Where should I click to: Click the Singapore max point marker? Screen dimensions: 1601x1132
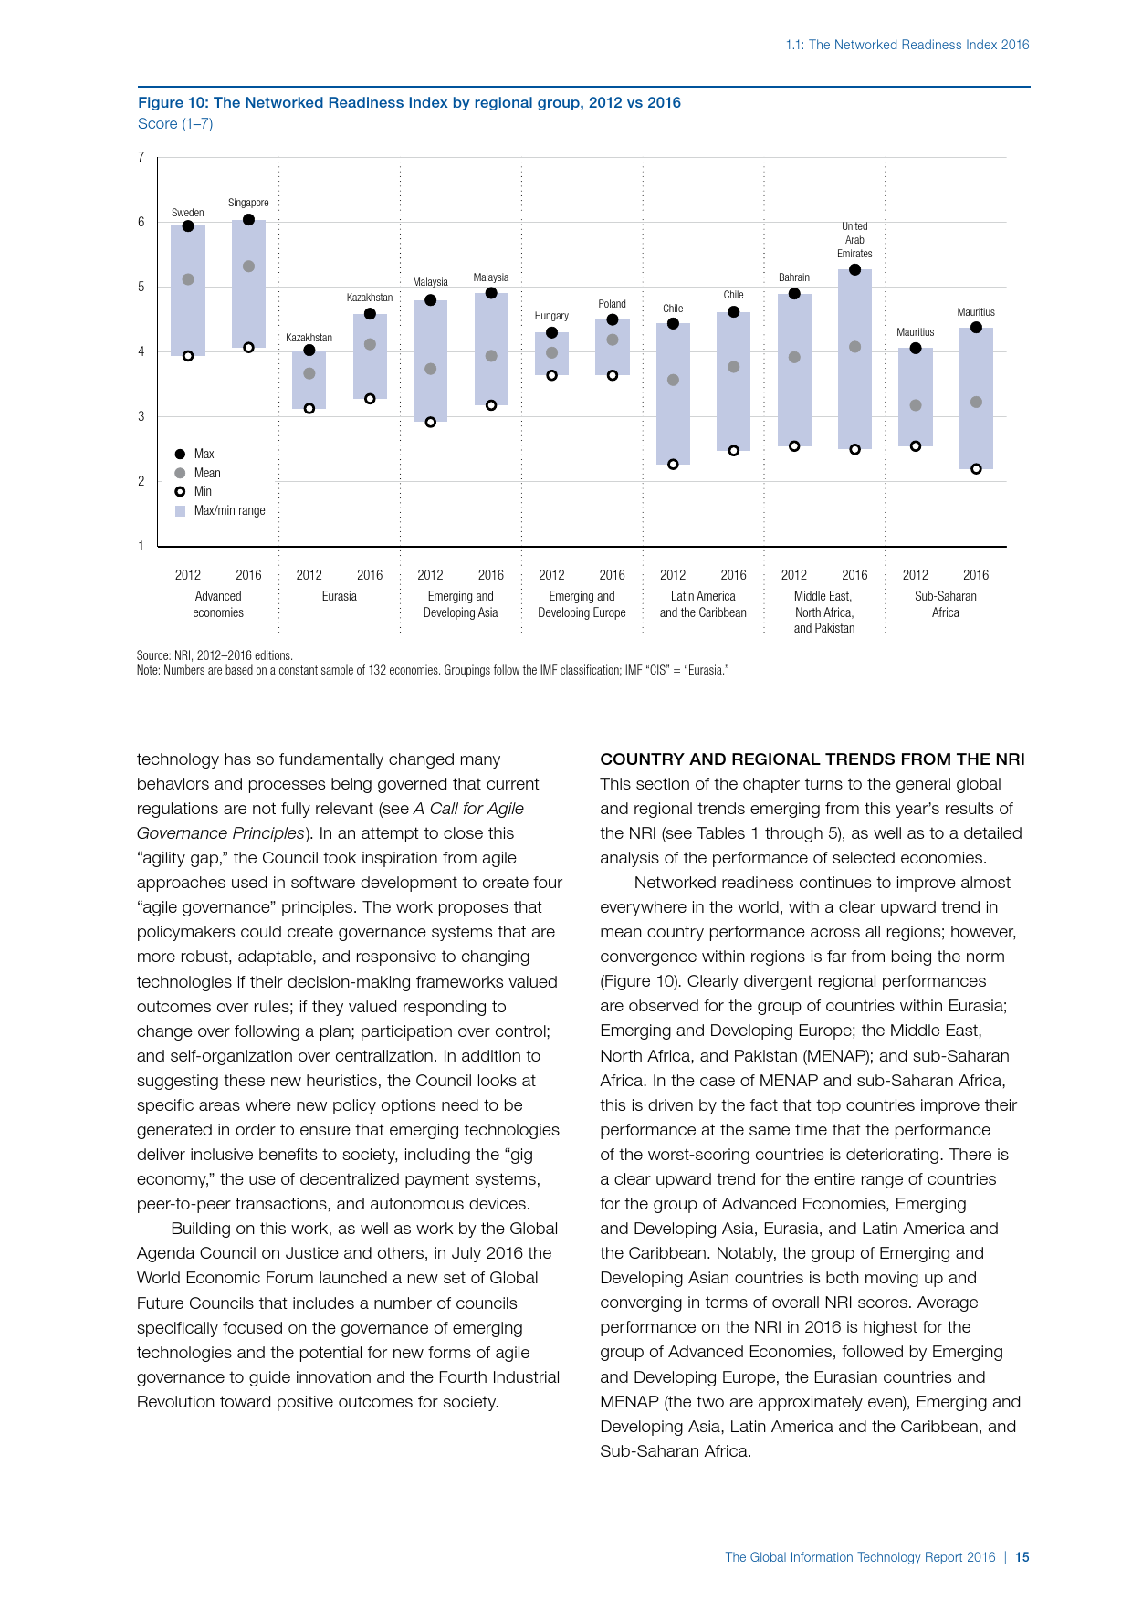pyautogui.click(x=248, y=220)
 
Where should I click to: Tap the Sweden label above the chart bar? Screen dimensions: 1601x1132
pyautogui.click(x=188, y=213)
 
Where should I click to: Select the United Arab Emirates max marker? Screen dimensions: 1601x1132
pyautogui.click(x=854, y=269)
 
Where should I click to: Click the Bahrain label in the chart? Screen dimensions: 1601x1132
pyautogui.click(x=794, y=277)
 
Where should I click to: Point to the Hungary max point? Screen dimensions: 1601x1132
pyautogui.click(x=551, y=332)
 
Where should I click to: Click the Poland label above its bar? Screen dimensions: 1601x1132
pyautogui.click(x=613, y=304)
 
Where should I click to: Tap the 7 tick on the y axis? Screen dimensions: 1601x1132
pyautogui.click(x=141, y=157)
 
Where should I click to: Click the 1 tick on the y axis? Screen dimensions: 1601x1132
pyautogui.click(x=141, y=546)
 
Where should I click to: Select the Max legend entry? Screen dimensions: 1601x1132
pyautogui.click(x=204, y=454)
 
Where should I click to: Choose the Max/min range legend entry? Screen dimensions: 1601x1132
pyautogui.click(x=229, y=510)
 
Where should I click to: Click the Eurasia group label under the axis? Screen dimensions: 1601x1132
pyautogui.click(x=340, y=596)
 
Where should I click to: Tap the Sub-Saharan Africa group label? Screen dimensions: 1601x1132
pyautogui.click(x=946, y=604)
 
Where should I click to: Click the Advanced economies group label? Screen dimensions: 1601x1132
pyautogui.click(x=218, y=604)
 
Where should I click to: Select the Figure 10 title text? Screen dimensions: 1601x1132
pyautogui.click(x=409, y=102)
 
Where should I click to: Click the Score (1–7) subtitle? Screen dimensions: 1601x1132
pyautogui.click(x=175, y=123)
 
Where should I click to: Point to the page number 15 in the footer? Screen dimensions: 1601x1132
pyautogui.click(x=1022, y=1557)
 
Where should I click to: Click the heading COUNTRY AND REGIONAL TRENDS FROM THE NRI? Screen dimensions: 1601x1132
pyautogui.click(x=812, y=759)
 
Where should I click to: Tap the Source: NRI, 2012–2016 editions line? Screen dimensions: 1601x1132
pyautogui.click(x=215, y=655)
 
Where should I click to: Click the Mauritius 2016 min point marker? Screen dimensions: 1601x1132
pyautogui.click(x=976, y=468)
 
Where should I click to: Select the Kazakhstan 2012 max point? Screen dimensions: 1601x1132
pyautogui.click(x=309, y=351)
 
